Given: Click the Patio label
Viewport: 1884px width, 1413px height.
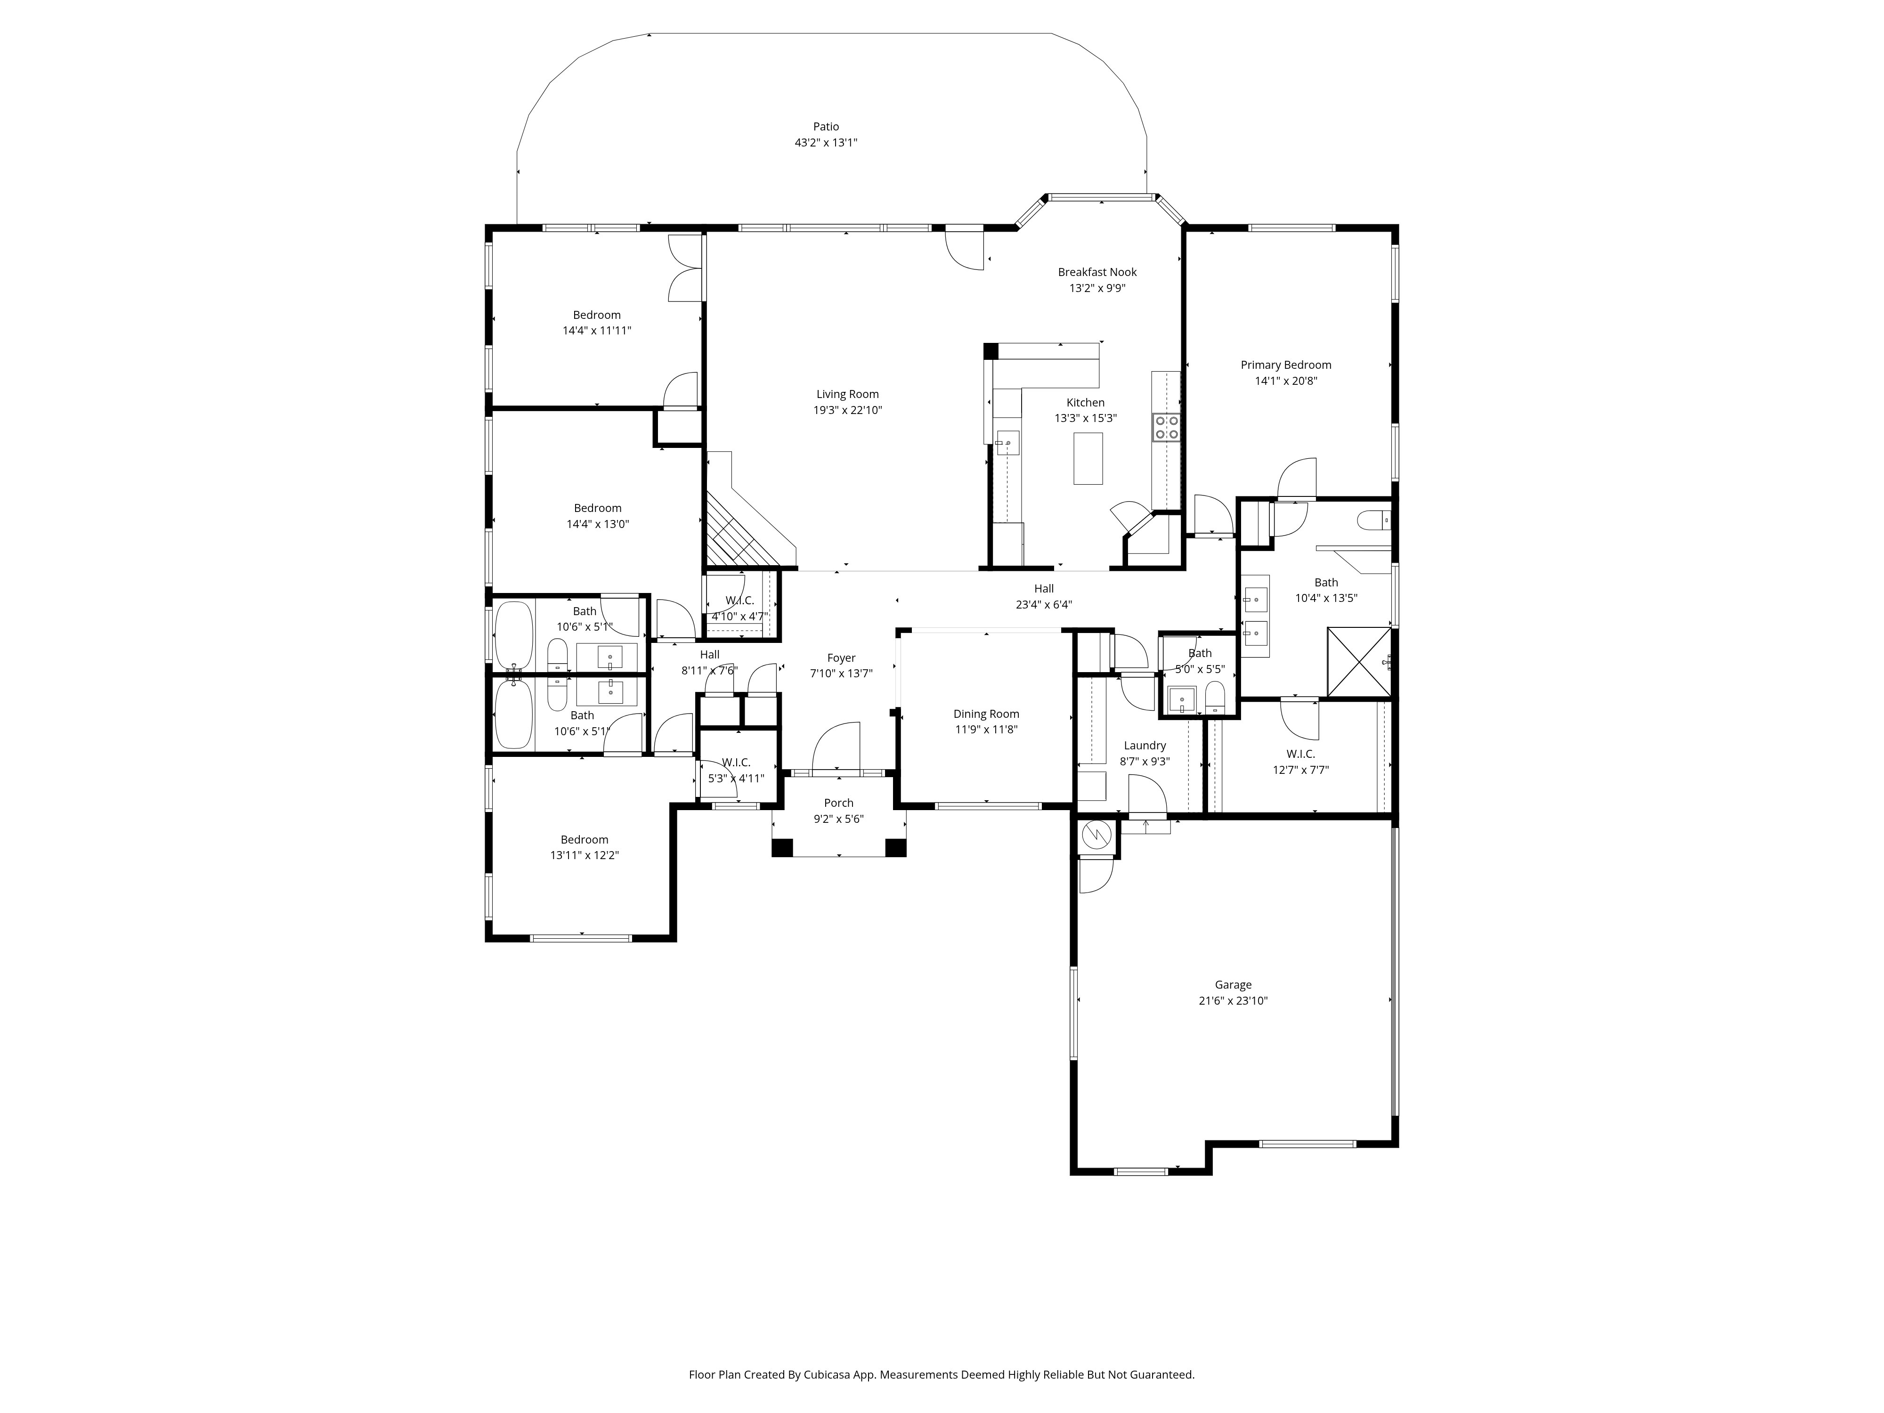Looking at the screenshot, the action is [x=825, y=127].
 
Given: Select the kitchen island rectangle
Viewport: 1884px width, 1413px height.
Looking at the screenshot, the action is [x=1088, y=458].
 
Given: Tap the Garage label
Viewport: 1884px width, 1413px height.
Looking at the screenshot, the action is [x=1233, y=984].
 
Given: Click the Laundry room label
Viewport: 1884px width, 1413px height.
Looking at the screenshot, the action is [x=1145, y=745].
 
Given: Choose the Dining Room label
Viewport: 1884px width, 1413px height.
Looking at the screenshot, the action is [x=986, y=714].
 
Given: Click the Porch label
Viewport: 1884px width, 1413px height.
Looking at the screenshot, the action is [x=839, y=802].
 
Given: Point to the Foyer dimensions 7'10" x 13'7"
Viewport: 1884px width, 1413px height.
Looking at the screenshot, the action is [x=842, y=674].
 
